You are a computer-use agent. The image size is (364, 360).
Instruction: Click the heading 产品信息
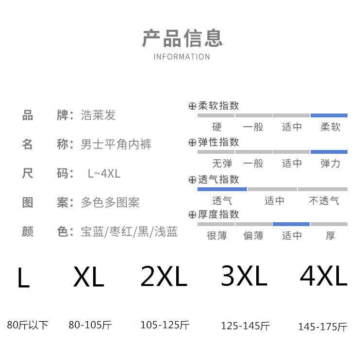point(182,38)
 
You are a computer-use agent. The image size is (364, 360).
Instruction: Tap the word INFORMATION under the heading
point(182,57)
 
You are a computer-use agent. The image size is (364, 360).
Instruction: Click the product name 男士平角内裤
point(116,144)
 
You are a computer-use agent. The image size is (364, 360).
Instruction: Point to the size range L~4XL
point(104,173)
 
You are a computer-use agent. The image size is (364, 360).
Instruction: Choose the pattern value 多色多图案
point(110,202)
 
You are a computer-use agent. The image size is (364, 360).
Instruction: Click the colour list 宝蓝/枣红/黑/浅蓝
point(129,231)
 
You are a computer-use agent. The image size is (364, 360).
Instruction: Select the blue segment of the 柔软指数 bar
point(329,115)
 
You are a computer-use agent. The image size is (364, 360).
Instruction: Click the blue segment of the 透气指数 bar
point(222,189)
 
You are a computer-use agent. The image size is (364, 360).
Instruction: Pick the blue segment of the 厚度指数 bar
point(291,224)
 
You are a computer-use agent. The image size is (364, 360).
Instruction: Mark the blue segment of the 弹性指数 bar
point(329,152)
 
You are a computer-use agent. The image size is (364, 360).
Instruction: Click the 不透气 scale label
point(324,200)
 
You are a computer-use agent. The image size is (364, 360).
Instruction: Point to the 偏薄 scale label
point(253,236)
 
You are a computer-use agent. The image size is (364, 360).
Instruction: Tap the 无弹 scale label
point(216,164)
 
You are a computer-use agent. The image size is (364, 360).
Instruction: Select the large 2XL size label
point(164,277)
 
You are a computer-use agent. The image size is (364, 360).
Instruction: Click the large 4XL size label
point(323,277)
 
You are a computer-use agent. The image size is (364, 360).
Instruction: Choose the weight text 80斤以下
point(28,325)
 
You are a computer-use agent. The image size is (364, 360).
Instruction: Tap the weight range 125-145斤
point(245,326)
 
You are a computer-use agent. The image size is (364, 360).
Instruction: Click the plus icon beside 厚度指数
point(192,215)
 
